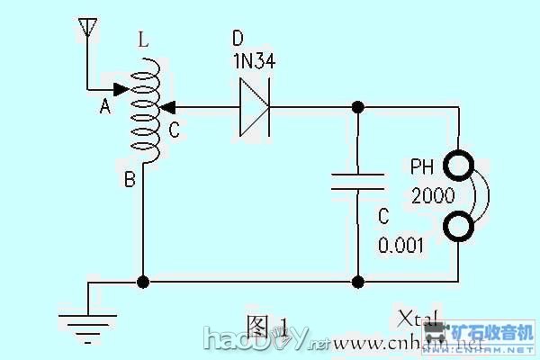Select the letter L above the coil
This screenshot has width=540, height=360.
click(x=144, y=40)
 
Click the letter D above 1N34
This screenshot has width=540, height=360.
click(x=238, y=39)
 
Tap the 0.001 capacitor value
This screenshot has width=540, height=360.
click(x=400, y=245)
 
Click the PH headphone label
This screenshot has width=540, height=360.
click(x=423, y=167)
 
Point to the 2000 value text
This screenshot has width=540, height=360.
click(x=432, y=195)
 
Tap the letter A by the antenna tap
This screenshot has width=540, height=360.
click(x=104, y=107)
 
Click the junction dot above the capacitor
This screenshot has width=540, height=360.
click(x=357, y=108)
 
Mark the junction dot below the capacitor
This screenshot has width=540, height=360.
click(x=357, y=282)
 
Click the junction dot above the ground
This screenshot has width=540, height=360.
click(x=142, y=282)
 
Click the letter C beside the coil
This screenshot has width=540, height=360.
click(x=174, y=131)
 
